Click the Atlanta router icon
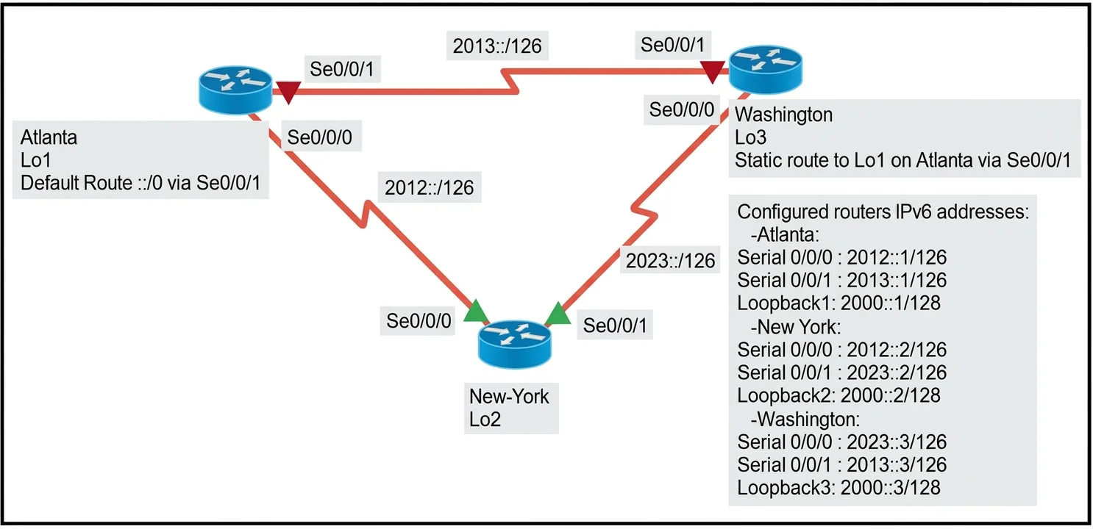coord(235,90)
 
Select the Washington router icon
coord(766,69)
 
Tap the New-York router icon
coord(515,344)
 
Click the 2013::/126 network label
coord(497,46)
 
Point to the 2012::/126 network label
coord(429,187)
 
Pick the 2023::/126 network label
coord(670,261)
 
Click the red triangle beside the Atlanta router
coord(288,92)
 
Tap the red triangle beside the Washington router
coord(713,72)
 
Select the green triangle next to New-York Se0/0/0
coord(475,311)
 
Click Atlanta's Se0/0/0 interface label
coord(320,137)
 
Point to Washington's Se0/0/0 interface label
coord(682,109)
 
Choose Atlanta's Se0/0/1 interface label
coord(342,69)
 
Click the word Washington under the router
coord(783,115)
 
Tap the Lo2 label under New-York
coord(485,420)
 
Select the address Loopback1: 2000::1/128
coord(839,303)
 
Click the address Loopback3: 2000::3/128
coord(839,488)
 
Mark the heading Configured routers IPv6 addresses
coord(883,212)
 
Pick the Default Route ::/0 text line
coord(140,183)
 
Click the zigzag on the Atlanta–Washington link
coord(510,81)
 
